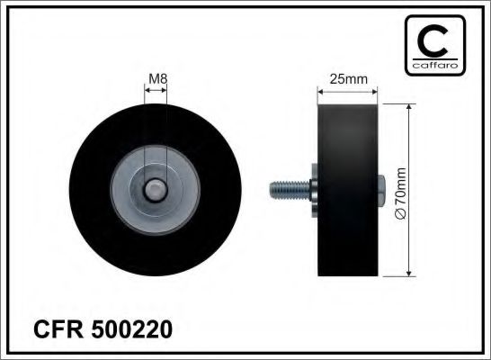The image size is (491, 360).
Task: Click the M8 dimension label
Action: [x=157, y=78]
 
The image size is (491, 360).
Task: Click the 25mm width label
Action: [x=349, y=78]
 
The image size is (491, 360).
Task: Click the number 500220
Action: [x=131, y=330]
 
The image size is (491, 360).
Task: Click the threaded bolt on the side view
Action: [x=286, y=189]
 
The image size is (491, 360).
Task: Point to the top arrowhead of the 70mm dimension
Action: [x=410, y=106]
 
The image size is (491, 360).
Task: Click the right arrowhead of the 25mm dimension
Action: [x=374, y=89]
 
